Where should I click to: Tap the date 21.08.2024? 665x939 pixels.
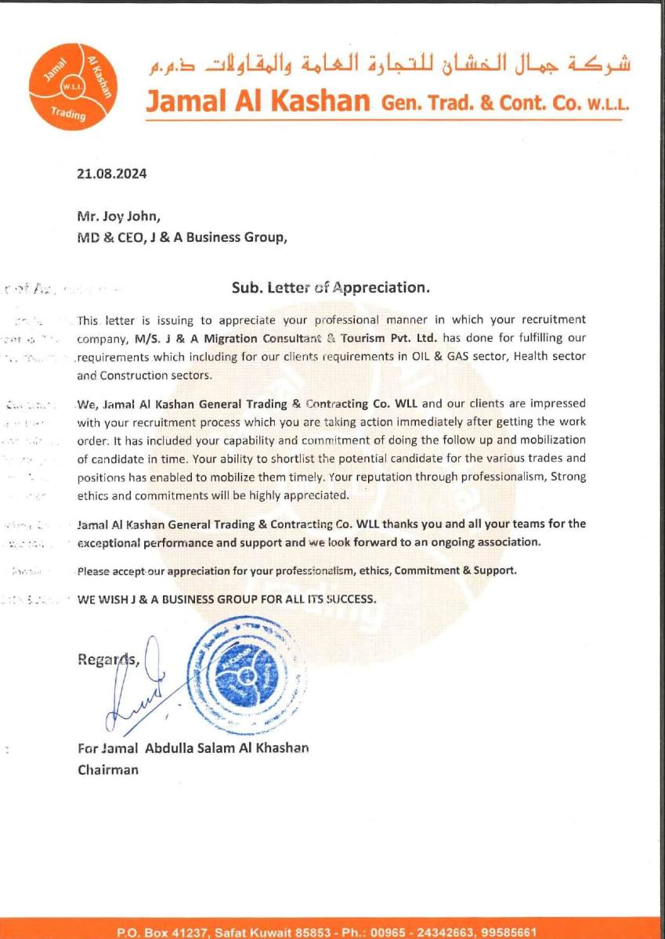coord(111,174)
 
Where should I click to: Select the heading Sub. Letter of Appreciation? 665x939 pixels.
coord(331,287)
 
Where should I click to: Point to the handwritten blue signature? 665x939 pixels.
coord(141,689)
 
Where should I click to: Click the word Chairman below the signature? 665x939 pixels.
coord(108,769)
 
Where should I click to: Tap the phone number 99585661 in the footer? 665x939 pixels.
coord(509,932)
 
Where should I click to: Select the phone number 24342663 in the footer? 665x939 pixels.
coord(444,932)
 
